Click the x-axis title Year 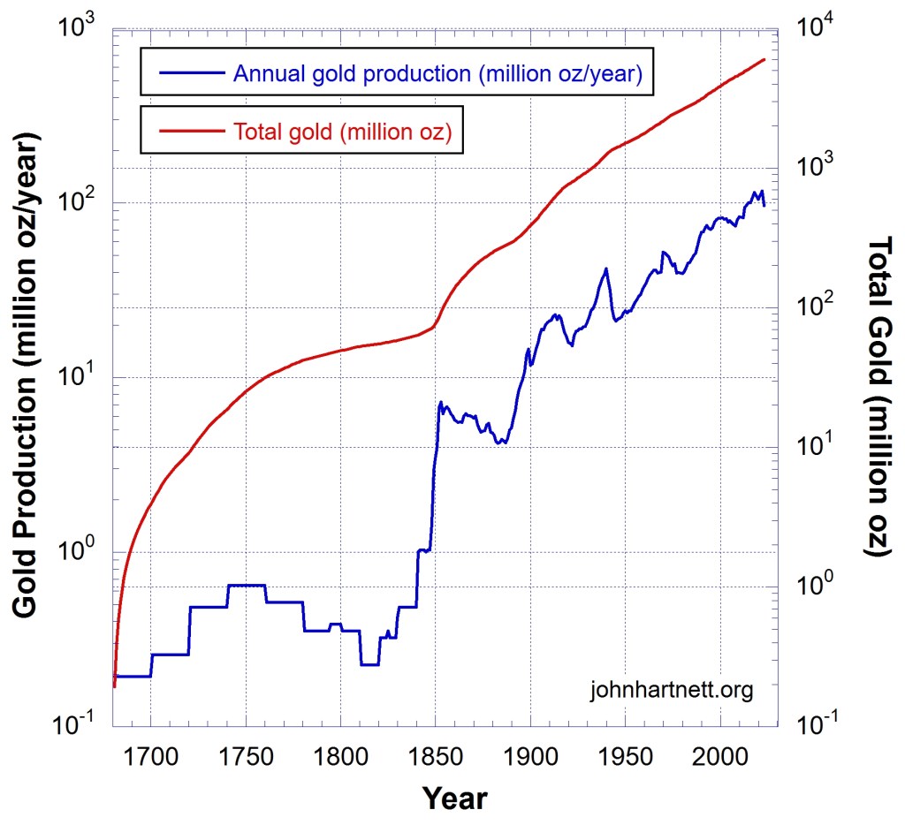point(454,798)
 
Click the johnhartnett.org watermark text point(671,689)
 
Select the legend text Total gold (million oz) point(343,132)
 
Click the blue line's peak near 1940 point(606,269)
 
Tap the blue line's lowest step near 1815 point(369,664)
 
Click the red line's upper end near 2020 point(764,59)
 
